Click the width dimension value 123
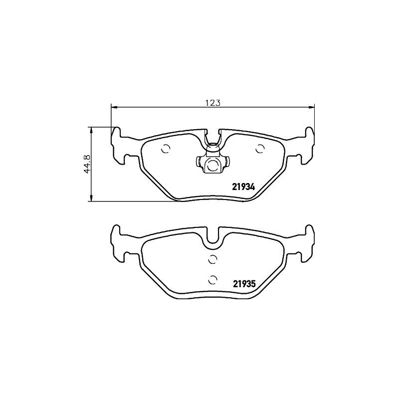coord(213,103)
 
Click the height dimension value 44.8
coord(87,164)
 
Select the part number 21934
coord(244,188)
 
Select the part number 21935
coord(244,284)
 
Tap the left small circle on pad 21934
coord(166,149)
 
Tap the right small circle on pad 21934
coord(259,148)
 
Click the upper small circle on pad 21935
coord(212,258)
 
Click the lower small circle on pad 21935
coord(212,279)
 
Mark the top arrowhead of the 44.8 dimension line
coord(91,130)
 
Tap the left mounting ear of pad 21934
coord(118,145)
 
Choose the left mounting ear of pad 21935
coord(118,241)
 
